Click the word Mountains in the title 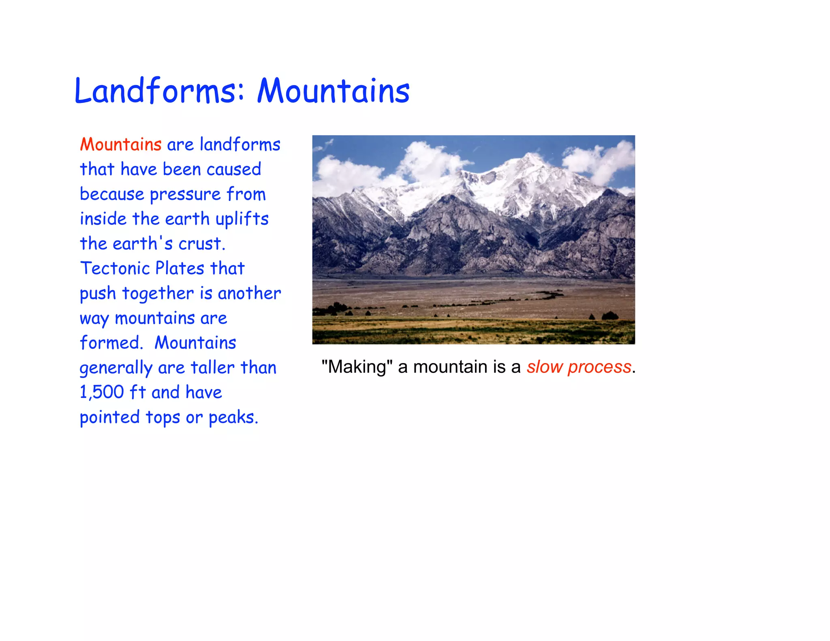334,91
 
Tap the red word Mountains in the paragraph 121,145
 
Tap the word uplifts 242,219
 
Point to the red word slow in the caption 545,367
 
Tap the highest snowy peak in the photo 529,156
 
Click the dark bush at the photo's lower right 610,315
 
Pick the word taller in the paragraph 212,368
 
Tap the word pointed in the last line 110,417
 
